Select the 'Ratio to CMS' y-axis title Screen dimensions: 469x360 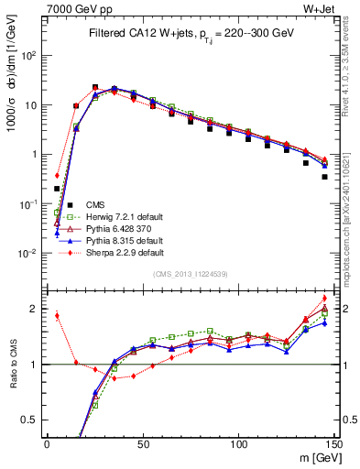pos(12,365)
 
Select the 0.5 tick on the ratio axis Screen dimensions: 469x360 pos(31,420)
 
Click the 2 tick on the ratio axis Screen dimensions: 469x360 pos(36,309)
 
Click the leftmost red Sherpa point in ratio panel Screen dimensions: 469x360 pos(57,316)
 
